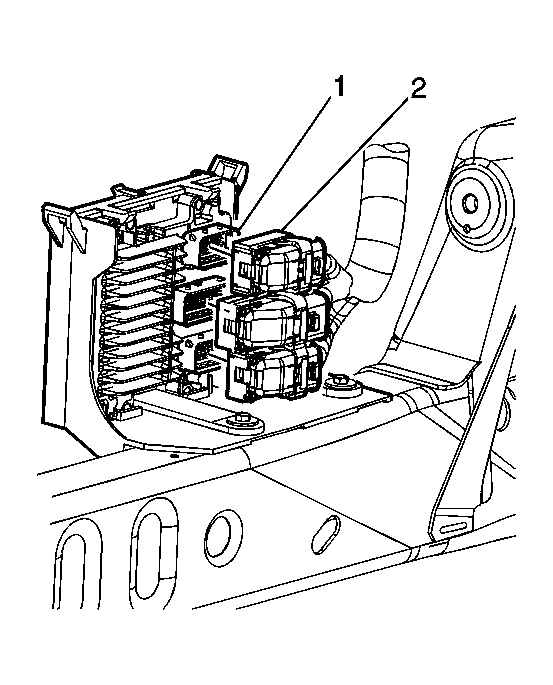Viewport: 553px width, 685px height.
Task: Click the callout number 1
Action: click(339, 86)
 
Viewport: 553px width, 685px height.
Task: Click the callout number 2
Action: click(417, 89)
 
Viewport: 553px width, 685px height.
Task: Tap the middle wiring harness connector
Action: click(273, 322)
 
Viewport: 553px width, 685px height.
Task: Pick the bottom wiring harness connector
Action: click(275, 370)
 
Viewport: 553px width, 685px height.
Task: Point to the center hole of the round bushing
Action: click(471, 203)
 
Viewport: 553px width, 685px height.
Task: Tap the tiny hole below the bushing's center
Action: click(467, 228)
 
